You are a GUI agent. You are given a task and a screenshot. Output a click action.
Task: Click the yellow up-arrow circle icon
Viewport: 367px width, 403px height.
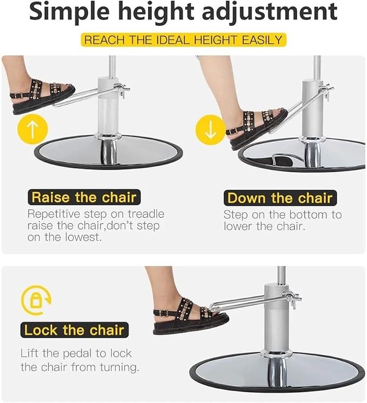coord(32,129)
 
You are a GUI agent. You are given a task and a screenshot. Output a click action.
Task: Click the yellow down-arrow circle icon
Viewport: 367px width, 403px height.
coord(211,130)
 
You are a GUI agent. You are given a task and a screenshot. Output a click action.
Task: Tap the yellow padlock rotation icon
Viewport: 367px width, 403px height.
coord(36,300)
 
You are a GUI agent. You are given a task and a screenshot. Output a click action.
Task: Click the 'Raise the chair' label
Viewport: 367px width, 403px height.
coord(84,197)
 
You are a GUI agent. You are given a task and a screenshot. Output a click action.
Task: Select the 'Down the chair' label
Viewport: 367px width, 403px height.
coord(280,198)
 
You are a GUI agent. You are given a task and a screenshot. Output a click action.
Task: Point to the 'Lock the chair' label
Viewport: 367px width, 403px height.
coord(75,330)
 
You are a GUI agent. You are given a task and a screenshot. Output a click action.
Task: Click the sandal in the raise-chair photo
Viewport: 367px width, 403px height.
coord(42,96)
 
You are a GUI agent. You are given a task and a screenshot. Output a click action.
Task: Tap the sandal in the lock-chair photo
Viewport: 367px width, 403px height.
coord(191,316)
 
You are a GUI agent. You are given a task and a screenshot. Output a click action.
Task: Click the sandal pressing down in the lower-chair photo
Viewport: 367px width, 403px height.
coord(257,129)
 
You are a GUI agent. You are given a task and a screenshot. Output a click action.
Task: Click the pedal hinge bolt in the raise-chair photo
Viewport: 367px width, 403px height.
coord(123,90)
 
